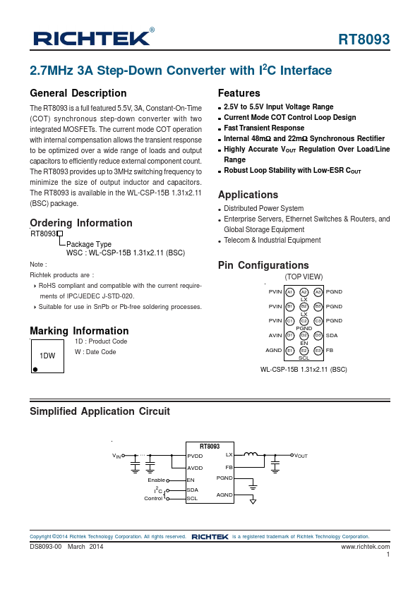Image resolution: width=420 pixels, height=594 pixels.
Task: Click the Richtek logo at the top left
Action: coord(90,37)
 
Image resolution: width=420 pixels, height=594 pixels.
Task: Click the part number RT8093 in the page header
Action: coord(364,40)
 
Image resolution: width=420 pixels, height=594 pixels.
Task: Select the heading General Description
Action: coord(78,93)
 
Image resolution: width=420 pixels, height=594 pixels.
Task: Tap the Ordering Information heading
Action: coord(81,223)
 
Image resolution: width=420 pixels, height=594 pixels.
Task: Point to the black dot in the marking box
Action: coord(35,368)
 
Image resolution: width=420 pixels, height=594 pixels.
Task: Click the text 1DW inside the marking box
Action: coord(47,356)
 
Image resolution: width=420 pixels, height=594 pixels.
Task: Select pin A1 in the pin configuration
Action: coord(290,291)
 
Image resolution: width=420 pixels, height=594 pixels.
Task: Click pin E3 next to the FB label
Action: coord(318,350)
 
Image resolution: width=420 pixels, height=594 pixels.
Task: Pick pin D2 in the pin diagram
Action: coord(304,335)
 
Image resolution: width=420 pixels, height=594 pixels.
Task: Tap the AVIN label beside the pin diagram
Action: coord(275,335)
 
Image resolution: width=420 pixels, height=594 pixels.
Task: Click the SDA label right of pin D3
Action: coord(332,335)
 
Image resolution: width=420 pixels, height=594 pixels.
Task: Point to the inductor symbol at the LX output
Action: coord(251,454)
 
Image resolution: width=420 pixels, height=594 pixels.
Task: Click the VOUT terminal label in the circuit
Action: coord(301,456)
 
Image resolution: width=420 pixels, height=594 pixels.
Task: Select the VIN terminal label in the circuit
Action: coord(117,456)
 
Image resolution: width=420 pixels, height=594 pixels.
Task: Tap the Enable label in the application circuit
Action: coord(156,480)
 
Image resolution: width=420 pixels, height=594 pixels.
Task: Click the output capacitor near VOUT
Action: coord(275,463)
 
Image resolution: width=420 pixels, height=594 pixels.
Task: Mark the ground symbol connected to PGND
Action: coord(253,487)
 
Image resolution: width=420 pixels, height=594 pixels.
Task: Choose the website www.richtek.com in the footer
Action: coord(365,546)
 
